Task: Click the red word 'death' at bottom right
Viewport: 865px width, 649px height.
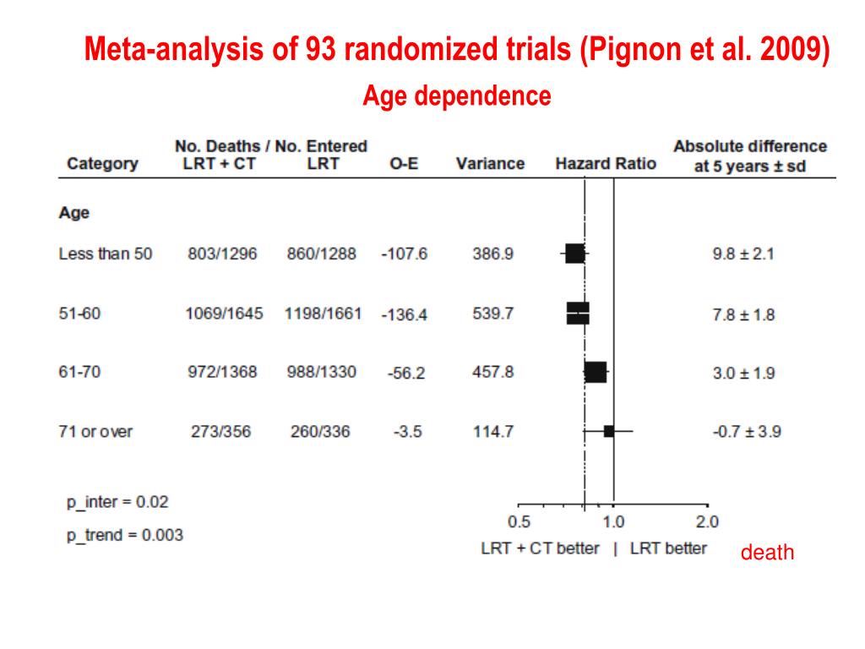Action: (x=768, y=554)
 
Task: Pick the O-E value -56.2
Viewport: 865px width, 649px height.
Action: (x=405, y=373)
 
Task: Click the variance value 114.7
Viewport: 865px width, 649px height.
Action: (x=493, y=431)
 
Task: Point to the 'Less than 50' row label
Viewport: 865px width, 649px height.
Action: (x=106, y=254)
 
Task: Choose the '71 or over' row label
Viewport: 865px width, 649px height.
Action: (x=95, y=431)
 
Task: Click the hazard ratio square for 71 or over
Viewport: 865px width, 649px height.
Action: (x=609, y=431)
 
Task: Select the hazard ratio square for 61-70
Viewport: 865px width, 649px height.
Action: (x=596, y=372)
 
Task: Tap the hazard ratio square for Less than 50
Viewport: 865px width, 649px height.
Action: (x=574, y=254)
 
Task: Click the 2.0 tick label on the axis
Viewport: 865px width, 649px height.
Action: (x=707, y=521)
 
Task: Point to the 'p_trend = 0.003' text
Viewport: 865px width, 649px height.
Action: (x=125, y=535)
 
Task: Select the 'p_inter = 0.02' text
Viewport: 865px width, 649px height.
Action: (x=117, y=502)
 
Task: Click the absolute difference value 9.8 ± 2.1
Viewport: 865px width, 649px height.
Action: (x=743, y=254)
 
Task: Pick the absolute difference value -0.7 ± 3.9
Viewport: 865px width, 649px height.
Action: (x=747, y=431)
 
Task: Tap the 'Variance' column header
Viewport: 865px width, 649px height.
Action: (x=490, y=164)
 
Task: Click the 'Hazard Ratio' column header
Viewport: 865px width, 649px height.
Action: (x=606, y=164)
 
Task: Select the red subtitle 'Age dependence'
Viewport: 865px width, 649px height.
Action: (x=457, y=96)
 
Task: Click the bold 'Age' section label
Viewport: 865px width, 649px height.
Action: (x=74, y=213)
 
